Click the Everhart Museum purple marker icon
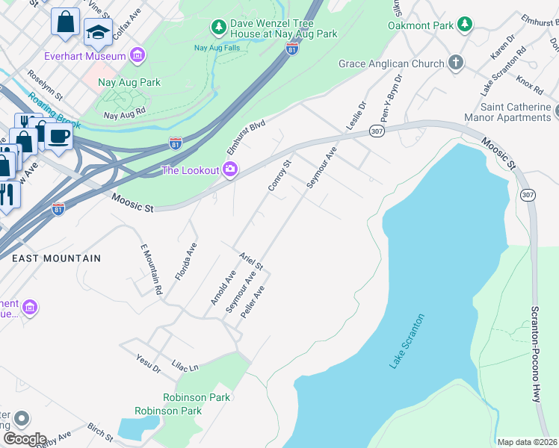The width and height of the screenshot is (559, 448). tap(137, 55)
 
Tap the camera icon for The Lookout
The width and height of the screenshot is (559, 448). tap(230, 170)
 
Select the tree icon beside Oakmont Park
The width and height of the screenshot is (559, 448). tap(465, 25)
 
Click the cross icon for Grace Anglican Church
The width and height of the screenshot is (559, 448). tap(456, 63)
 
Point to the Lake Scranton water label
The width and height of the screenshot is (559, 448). tap(407, 341)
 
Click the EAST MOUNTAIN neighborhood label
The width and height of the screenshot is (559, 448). tap(56, 258)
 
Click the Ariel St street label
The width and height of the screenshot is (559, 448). tap(251, 261)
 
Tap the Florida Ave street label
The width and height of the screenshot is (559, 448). tap(185, 261)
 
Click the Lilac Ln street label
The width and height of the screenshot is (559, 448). tap(184, 367)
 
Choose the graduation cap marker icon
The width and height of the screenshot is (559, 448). tap(98, 31)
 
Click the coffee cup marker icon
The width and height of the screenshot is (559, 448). tap(58, 135)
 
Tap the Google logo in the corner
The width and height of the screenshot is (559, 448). tap(25, 438)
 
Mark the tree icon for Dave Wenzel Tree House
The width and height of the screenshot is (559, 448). tap(218, 28)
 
